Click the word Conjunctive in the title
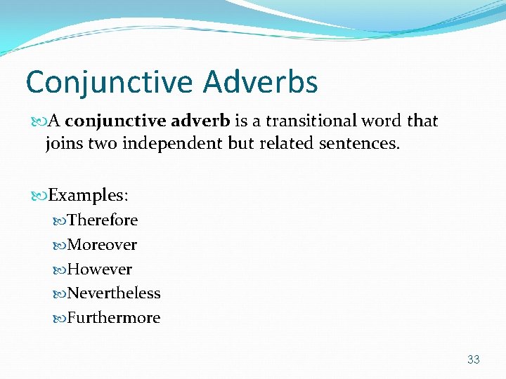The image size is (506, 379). (x=110, y=82)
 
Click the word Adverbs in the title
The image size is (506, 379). (x=261, y=82)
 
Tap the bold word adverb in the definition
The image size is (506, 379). (x=199, y=121)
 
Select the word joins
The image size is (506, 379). (x=64, y=144)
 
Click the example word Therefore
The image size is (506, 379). (x=103, y=220)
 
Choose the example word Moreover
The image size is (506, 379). (x=102, y=245)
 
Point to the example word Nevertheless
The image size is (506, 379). (x=114, y=293)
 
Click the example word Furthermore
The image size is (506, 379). (x=114, y=318)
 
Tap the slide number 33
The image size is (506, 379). (x=473, y=359)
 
